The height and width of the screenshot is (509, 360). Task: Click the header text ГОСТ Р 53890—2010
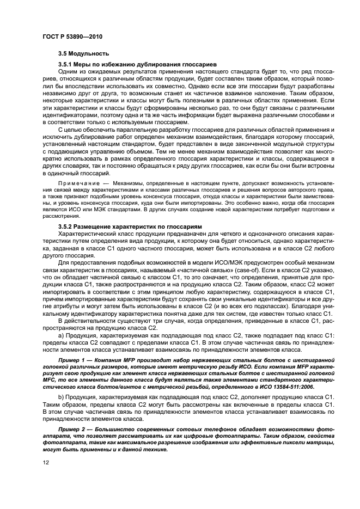pyautogui.click(x=72, y=36)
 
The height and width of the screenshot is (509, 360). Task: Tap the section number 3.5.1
pyautogui.click(x=66, y=64)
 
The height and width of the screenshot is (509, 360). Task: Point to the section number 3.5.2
pyautogui.click(x=66, y=226)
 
